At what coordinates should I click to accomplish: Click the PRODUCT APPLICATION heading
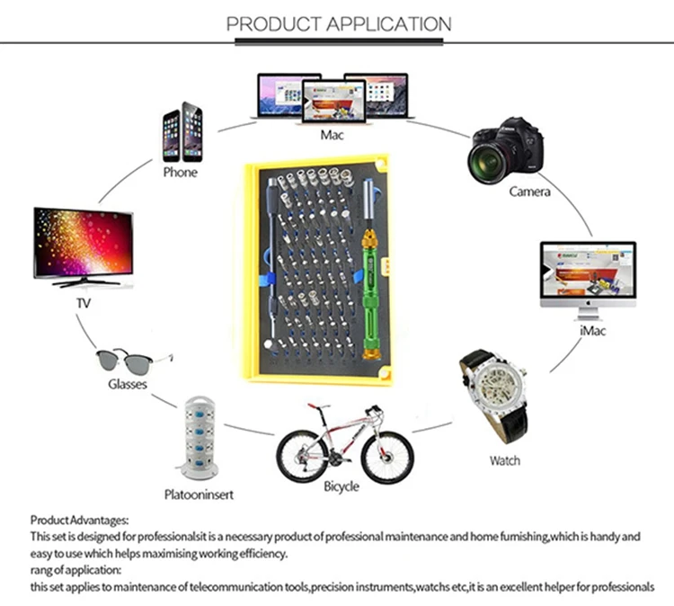coord(339,24)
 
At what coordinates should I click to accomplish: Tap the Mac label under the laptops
coord(332,135)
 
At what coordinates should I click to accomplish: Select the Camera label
coord(529,192)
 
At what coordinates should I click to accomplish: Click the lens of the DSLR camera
coord(487,163)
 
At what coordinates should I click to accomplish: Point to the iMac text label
coord(593,331)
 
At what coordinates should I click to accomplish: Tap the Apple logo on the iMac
coord(588,303)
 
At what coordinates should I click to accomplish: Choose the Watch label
coord(505,460)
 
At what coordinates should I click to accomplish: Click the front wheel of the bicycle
coord(387,458)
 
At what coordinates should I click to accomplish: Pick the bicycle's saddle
coord(318,405)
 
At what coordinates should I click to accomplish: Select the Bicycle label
coord(341,486)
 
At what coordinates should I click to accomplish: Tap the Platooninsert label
coord(199,495)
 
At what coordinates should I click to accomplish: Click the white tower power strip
coord(199,438)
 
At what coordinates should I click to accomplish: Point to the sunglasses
coord(134,361)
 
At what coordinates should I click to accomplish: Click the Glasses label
coord(128,384)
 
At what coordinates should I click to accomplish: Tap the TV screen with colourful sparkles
coord(84,243)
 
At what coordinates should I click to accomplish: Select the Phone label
coord(180,173)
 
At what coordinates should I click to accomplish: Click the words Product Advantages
coord(79,521)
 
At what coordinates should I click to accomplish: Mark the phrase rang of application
coord(75,570)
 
